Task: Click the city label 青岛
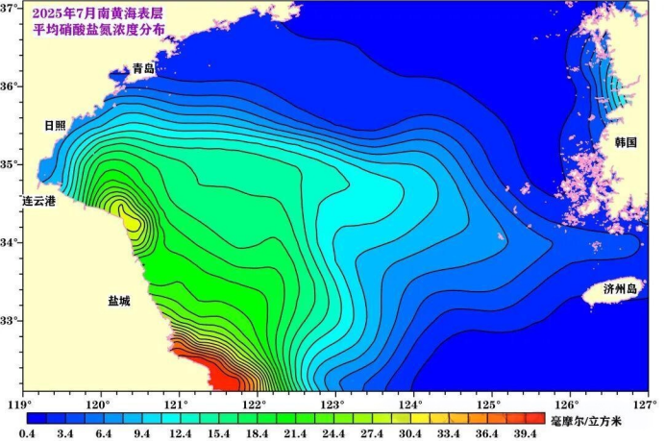coord(144,68)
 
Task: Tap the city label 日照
coord(56,126)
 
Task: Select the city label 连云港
coord(40,201)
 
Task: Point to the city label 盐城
coord(119,301)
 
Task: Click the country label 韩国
coord(626,142)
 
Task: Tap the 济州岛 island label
coord(620,288)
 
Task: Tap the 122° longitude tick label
coord(254,405)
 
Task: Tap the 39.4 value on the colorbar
coord(525,434)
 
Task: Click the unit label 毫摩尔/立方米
coord(594,421)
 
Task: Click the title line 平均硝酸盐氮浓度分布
coord(100,30)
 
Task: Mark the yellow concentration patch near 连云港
coord(129,217)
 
